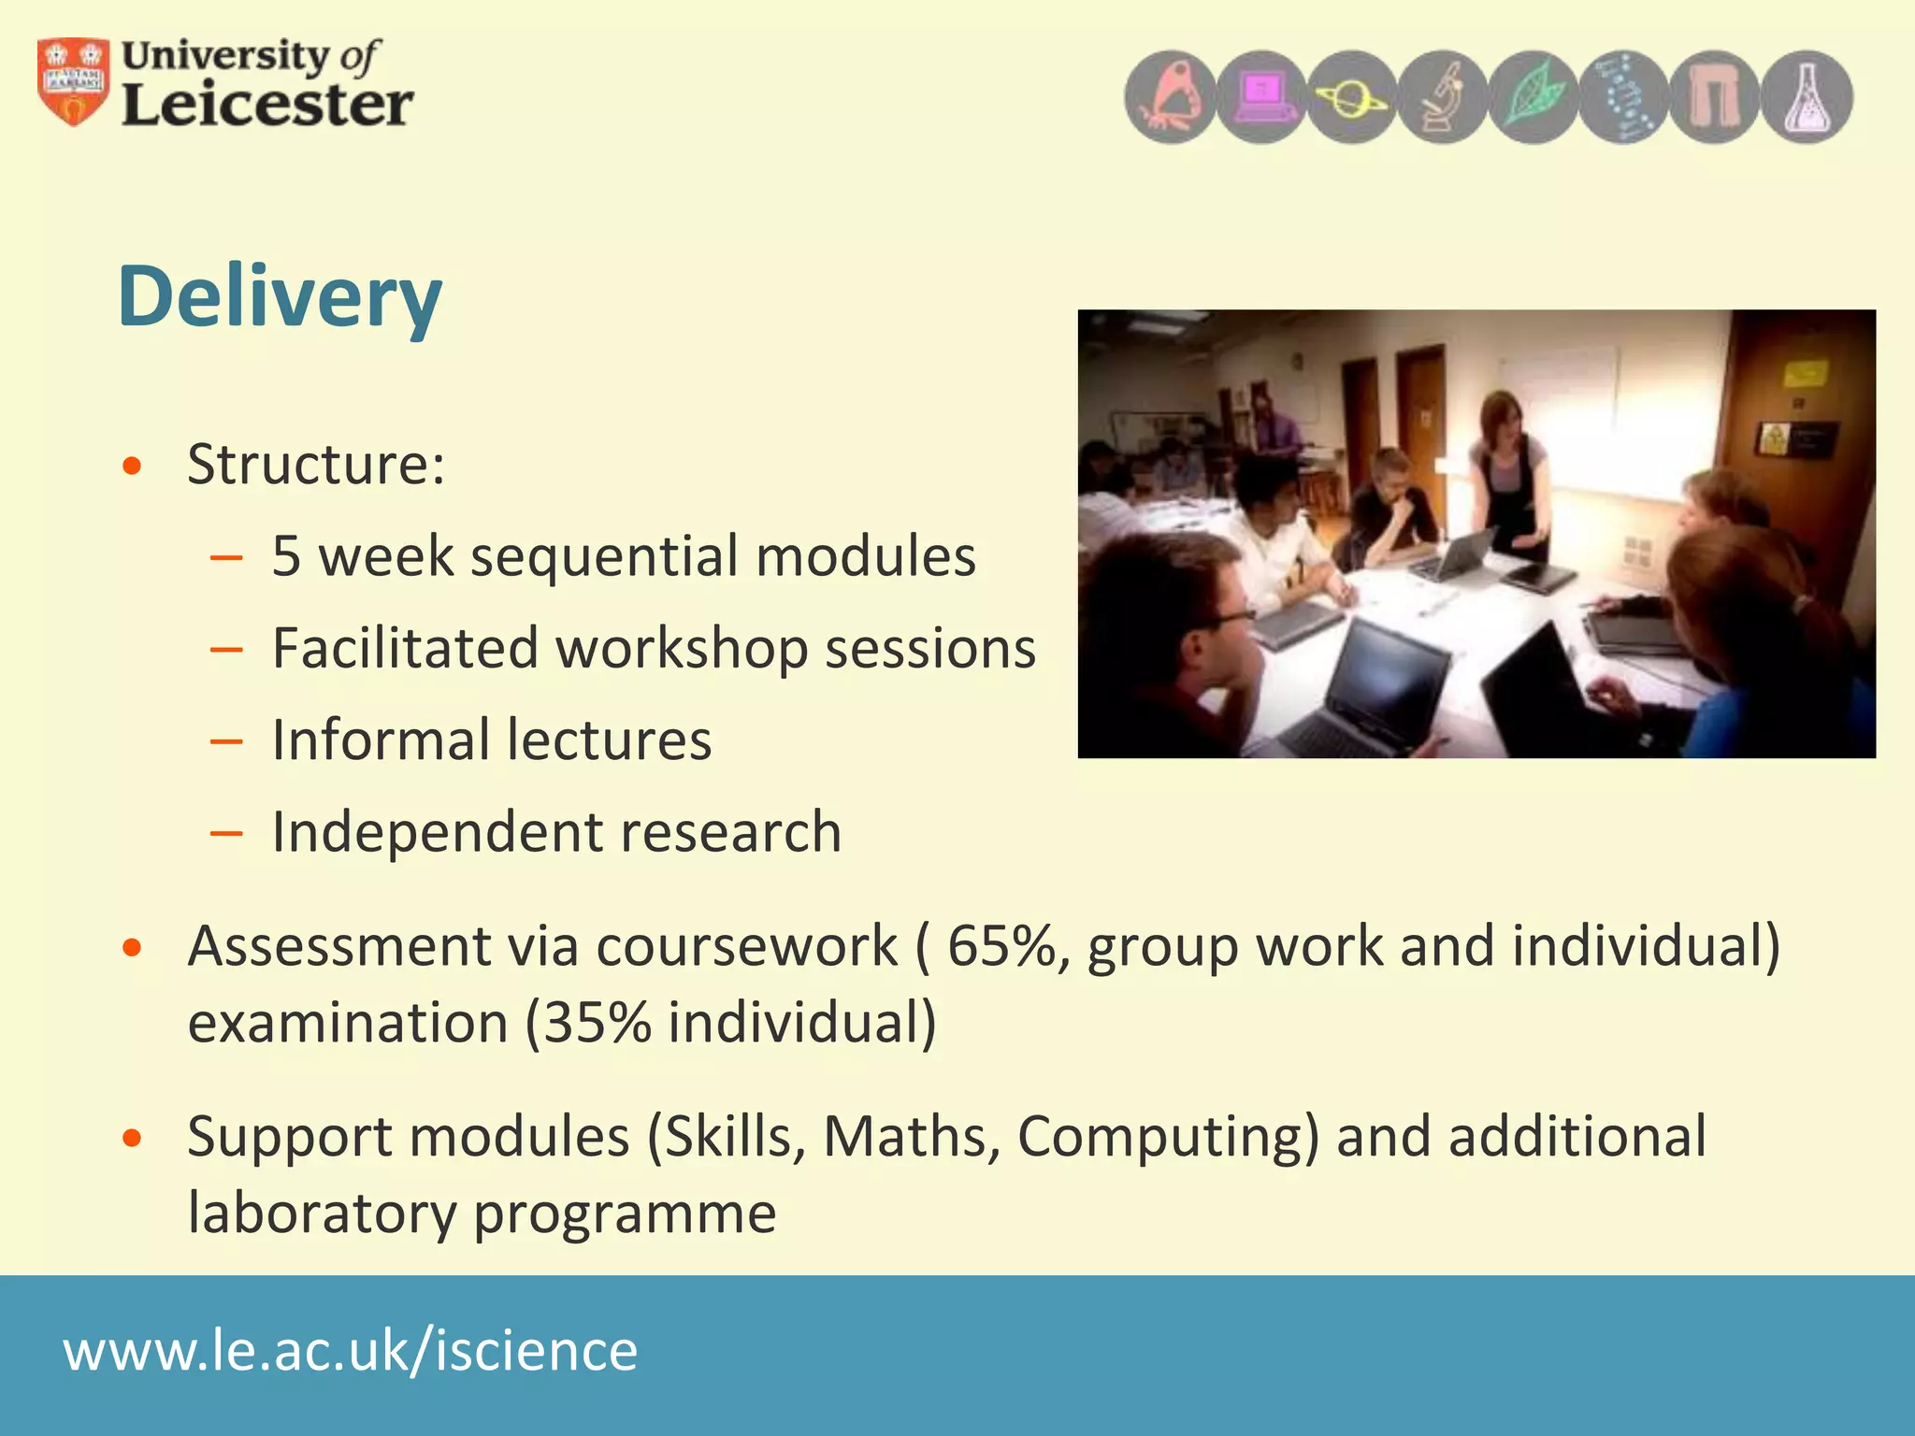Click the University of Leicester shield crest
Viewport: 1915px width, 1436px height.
pos(73,82)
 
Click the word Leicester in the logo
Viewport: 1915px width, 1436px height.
pos(267,105)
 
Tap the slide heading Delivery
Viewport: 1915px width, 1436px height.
pos(280,296)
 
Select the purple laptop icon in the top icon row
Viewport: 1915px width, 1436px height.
pos(1261,97)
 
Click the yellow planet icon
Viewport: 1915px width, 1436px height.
pos(1352,97)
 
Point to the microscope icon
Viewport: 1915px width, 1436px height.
pos(1443,97)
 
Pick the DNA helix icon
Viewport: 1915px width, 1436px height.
pos(1624,97)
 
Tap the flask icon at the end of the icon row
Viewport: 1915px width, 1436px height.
pos(1807,97)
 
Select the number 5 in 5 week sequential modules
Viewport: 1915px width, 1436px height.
pos(286,556)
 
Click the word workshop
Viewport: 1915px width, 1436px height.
pos(682,649)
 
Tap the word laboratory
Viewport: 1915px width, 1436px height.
pos(321,1213)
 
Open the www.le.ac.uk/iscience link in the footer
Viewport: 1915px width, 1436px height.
pos(351,1351)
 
